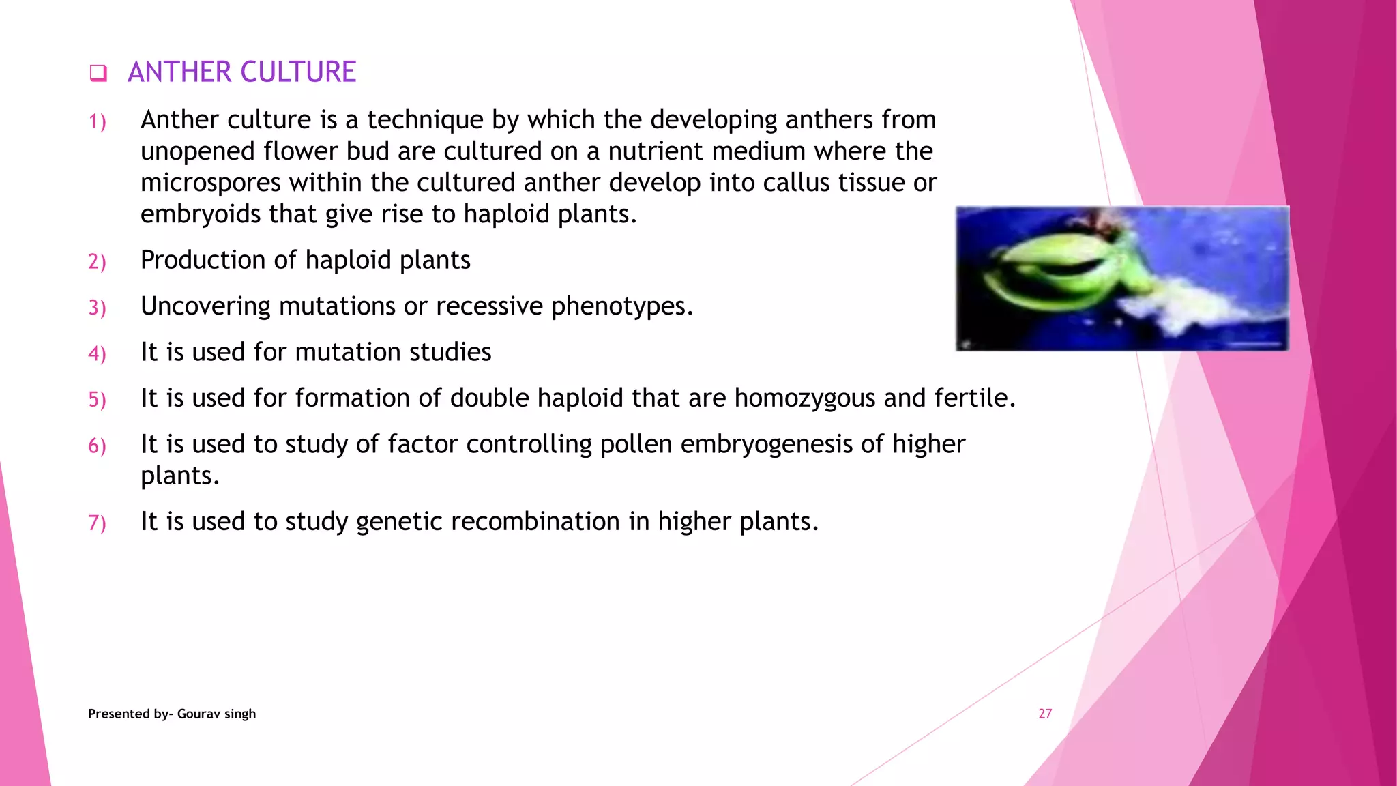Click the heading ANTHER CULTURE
coord(241,72)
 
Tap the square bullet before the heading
coord(98,73)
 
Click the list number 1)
coord(98,122)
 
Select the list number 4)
coord(98,353)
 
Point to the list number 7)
coord(98,523)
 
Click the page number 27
coord(1045,714)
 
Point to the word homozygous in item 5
coord(804,398)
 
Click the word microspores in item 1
coord(211,184)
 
